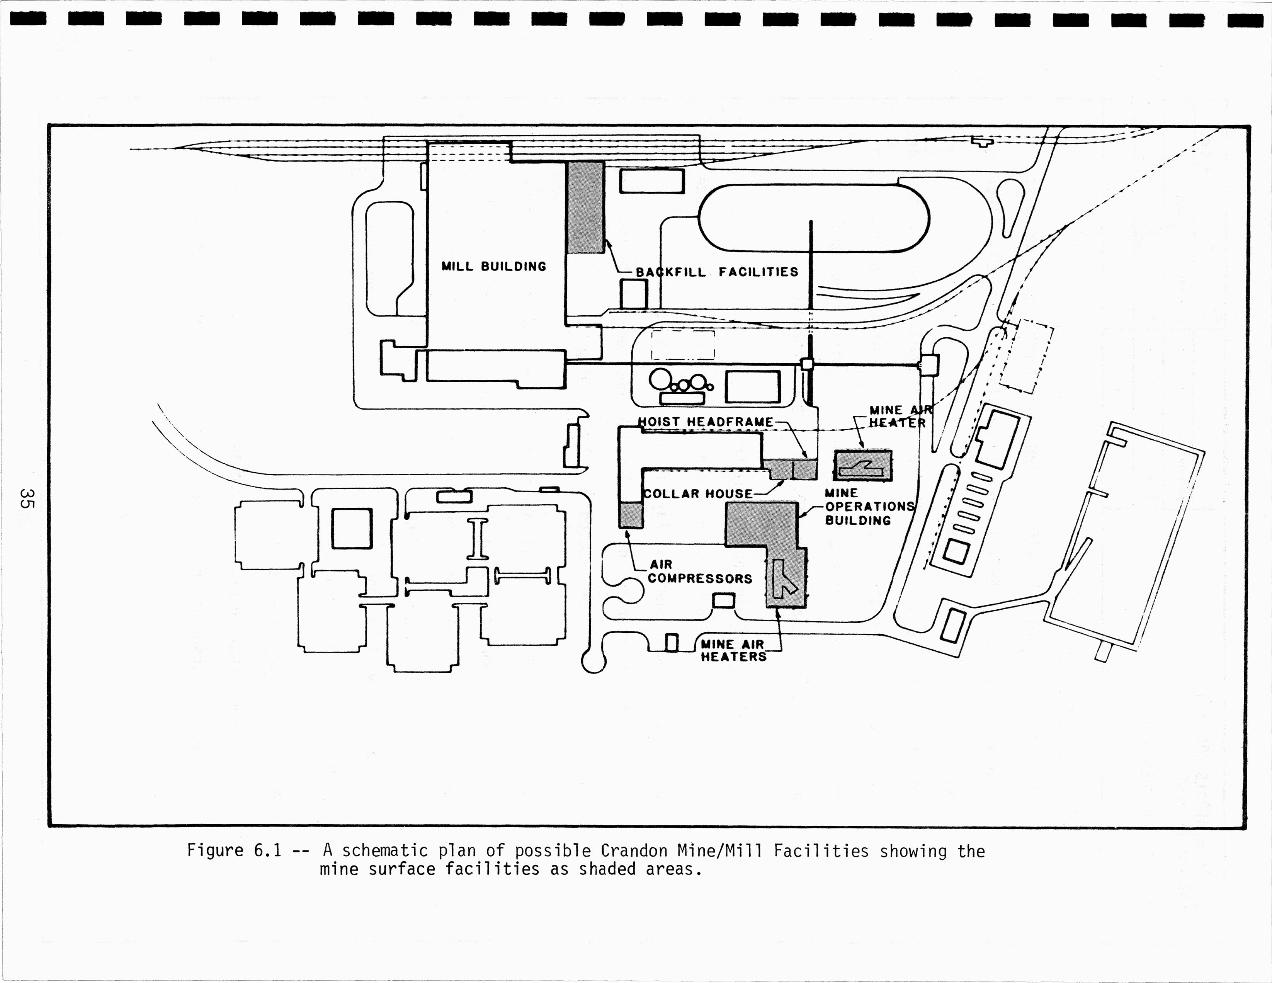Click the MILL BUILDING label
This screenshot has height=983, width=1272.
(x=493, y=267)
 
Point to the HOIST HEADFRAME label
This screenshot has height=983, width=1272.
(x=705, y=422)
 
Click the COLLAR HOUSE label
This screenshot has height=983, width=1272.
(x=698, y=494)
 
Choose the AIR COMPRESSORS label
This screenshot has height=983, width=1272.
(x=699, y=572)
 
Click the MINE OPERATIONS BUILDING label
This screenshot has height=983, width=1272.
(x=868, y=507)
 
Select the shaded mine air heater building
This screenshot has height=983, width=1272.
(x=862, y=465)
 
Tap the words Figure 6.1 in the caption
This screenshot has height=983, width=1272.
(x=234, y=851)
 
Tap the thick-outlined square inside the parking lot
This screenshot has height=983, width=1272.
(x=352, y=528)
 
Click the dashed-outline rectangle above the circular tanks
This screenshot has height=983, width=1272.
(x=683, y=345)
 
